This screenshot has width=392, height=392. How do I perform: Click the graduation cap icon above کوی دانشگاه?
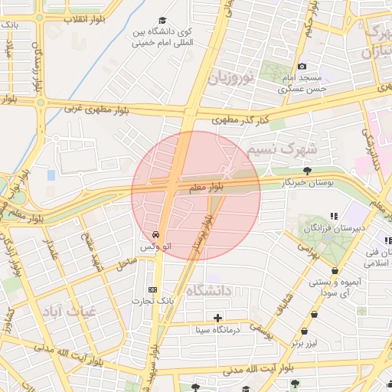pos(162,21)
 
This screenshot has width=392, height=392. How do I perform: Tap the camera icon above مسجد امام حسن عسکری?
pos(302,67)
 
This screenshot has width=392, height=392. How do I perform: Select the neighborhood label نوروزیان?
pos(225,77)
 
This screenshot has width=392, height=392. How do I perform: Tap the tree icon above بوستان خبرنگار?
pos(308,171)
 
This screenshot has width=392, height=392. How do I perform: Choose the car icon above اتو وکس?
pos(155,235)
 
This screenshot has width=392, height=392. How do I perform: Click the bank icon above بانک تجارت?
pos(152,289)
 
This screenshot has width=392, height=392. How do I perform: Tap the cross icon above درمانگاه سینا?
pos(218,317)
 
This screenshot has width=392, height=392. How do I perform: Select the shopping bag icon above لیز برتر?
pos(305,332)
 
